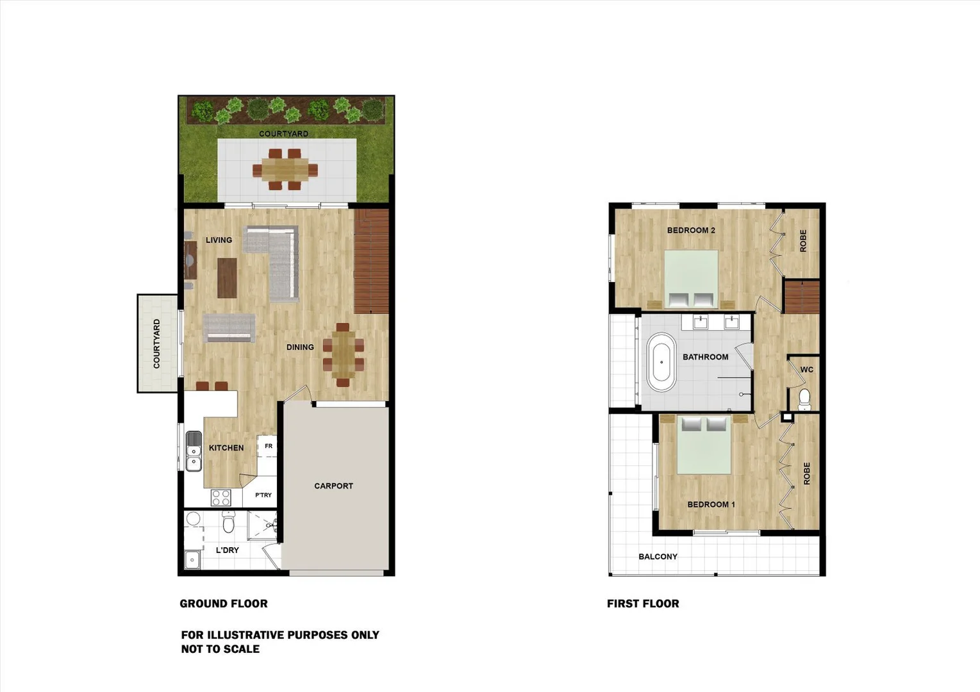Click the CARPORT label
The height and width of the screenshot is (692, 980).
click(333, 486)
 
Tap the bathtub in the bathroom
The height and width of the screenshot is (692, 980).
click(661, 362)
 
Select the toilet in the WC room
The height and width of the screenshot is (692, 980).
click(804, 399)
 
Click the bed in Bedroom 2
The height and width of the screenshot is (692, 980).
click(691, 280)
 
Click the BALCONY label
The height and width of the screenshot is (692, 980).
click(658, 556)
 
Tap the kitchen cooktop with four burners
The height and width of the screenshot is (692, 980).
click(220, 498)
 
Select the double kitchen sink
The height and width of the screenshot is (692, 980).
click(193, 450)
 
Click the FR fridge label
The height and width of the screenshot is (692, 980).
click(269, 446)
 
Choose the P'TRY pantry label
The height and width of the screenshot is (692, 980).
click(263, 495)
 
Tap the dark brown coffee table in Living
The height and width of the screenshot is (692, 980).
click(227, 277)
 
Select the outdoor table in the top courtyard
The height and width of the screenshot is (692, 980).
click(285, 169)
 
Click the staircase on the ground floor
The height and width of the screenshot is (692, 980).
click(372, 261)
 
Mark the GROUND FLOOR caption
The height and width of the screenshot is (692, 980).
click(224, 603)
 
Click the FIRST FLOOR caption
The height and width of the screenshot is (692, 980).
click(643, 603)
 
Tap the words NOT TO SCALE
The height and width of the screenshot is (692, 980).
click(220, 648)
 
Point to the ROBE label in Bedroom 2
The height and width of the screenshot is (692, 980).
click(803, 241)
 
